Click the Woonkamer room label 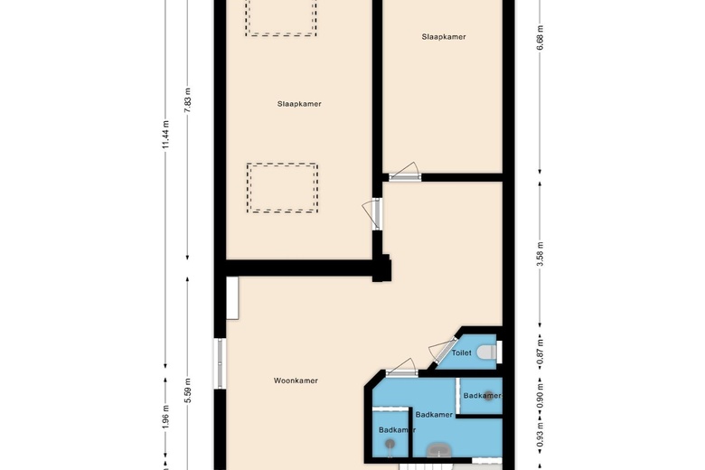pos(296,381)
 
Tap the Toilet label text pos(462,353)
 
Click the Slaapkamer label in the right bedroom pos(443,37)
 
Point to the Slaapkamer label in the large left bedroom pos(299,104)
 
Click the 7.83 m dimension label pos(188,98)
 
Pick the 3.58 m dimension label pos(540,250)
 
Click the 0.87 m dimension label pos(540,348)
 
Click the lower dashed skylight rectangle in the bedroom pos(283,188)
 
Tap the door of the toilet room pos(443,348)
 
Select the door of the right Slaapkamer pos(404,171)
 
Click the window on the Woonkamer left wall pos(219,364)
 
